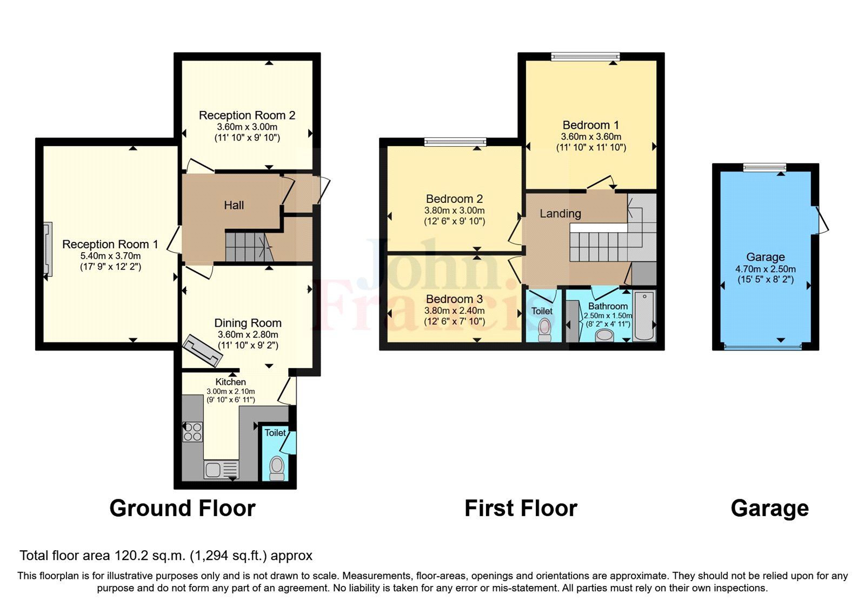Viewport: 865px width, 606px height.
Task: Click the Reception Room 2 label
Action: click(247, 115)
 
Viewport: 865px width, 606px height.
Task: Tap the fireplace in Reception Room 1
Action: click(48, 249)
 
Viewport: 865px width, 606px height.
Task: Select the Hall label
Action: click(234, 205)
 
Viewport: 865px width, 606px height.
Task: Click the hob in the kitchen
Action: click(192, 431)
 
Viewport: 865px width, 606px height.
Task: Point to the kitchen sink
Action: click(220, 469)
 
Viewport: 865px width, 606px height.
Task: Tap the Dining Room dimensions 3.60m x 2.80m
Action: click(248, 335)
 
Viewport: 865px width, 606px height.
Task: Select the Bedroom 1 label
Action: click(590, 125)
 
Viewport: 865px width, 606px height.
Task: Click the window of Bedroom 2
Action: click(455, 142)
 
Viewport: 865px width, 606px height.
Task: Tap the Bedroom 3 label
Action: click(454, 299)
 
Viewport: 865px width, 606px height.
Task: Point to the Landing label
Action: click(560, 214)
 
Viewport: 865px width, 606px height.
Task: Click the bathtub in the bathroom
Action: click(644, 316)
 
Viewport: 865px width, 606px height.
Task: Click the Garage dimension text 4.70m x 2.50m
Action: click(765, 269)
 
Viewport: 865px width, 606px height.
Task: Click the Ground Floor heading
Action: click(182, 509)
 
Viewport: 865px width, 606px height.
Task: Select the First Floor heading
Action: click(521, 509)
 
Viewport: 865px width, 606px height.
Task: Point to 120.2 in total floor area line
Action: click(132, 556)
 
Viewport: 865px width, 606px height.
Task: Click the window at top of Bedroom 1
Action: click(585, 56)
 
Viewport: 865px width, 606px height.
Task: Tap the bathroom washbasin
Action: click(604, 335)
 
